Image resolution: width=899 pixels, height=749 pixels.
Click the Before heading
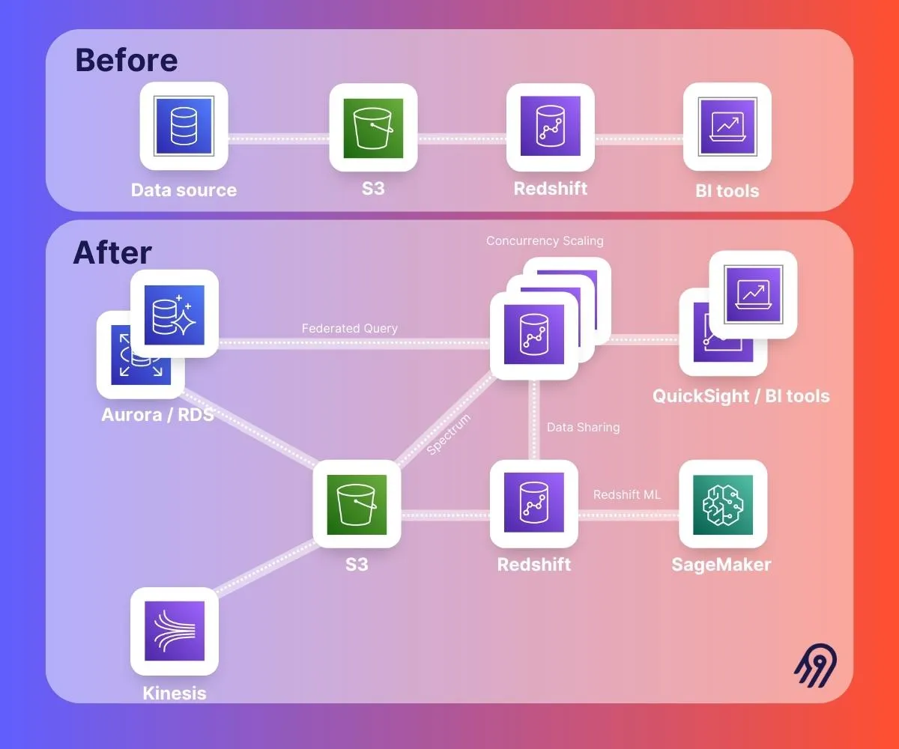click(126, 60)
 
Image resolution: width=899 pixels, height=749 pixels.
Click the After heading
click(112, 253)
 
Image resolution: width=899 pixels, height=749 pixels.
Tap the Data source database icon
click(184, 126)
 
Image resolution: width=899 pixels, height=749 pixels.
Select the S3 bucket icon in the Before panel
click(373, 127)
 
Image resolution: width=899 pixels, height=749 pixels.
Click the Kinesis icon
click(174, 631)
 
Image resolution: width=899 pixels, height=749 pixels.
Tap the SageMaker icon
click(722, 504)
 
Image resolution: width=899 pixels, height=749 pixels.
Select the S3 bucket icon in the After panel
click(357, 504)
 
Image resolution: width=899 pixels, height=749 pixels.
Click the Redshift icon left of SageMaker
click(533, 504)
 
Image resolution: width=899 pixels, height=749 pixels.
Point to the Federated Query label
click(349, 328)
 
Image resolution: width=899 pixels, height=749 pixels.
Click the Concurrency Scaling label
click(545, 241)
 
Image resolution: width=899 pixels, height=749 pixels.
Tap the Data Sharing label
click(583, 428)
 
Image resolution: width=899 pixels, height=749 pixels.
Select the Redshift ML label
click(626, 495)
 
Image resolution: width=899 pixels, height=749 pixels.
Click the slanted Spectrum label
click(449, 434)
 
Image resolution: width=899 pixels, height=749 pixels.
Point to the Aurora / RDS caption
click(157, 414)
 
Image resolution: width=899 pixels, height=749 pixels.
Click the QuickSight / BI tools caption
click(741, 395)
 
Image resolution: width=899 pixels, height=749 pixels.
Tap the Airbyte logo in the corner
click(815, 665)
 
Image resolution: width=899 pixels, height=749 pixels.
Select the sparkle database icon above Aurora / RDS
click(174, 314)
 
